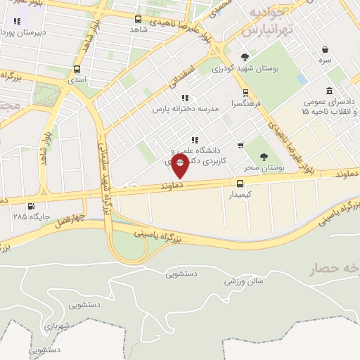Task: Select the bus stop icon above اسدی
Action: pos(77,70)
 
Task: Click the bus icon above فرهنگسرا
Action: pos(245,92)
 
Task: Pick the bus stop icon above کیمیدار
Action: pos(241,184)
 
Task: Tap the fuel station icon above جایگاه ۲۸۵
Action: pos(30,207)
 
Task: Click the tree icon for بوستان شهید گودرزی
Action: pos(245,57)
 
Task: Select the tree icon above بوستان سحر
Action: pos(264,157)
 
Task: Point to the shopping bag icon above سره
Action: pos(325,50)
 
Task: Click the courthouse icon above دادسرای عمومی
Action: pos(330,91)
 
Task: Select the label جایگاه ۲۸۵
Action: pos(31,217)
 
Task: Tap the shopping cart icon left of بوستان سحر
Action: pos(240,146)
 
